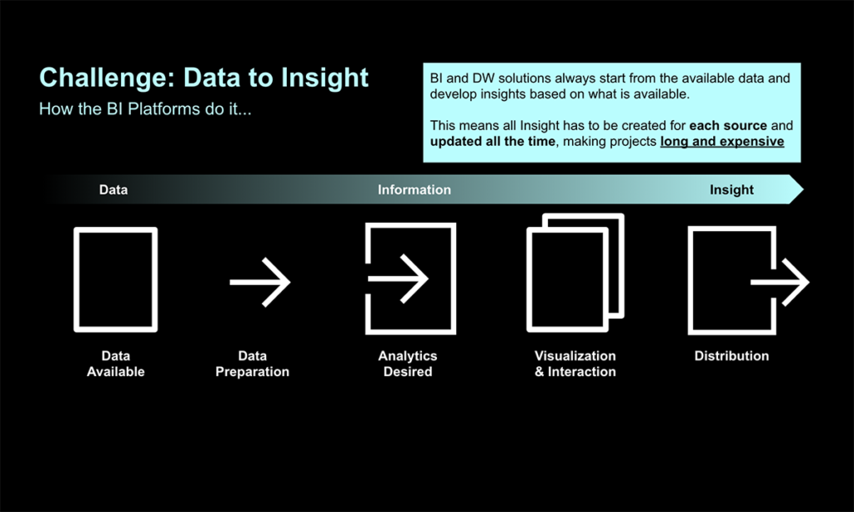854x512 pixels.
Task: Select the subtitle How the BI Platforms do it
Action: coord(145,109)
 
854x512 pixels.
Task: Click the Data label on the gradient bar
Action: coord(113,189)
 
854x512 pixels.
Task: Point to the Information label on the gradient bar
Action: coord(414,189)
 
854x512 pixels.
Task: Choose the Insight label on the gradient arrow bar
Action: coord(731,189)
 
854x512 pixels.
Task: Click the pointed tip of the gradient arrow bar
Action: coord(803,189)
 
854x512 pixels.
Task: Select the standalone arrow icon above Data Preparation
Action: coord(260,282)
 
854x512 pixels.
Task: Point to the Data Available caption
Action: coord(115,364)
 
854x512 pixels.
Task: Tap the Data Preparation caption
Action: coord(252,364)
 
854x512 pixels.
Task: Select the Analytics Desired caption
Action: coord(408,364)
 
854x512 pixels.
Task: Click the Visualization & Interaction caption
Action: coord(575,364)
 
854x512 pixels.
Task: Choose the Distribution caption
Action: coord(731,356)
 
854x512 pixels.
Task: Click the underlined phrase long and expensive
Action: coord(722,142)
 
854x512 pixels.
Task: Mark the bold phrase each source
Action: coord(728,126)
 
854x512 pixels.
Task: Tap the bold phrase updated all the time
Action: coord(493,142)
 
